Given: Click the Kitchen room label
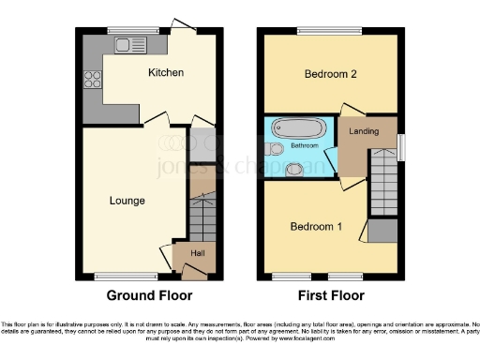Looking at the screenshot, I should [165, 72].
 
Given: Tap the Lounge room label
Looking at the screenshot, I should [127, 200].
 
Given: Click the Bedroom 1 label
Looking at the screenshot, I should [316, 227].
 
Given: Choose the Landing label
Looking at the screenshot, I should [364, 131].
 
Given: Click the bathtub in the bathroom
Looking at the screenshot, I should [298, 127].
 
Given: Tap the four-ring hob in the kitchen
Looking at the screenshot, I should [94, 80].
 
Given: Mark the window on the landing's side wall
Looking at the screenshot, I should [400, 146].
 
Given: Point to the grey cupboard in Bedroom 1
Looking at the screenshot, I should [382, 231].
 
